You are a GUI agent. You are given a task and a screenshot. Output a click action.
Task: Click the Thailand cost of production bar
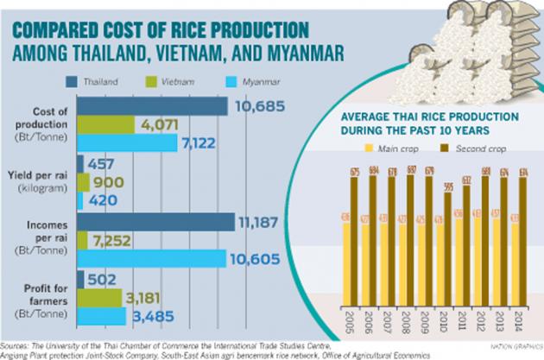coord(152,105)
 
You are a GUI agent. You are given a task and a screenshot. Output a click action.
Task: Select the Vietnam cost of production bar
coord(106,124)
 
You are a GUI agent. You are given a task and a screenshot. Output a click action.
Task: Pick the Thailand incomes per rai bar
coord(155,221)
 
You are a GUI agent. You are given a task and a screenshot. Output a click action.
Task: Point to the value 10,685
coord(258,106)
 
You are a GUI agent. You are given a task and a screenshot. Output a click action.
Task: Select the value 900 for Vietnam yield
coord(109,182)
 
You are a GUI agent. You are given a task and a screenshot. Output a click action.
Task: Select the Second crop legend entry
coord(453,148)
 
